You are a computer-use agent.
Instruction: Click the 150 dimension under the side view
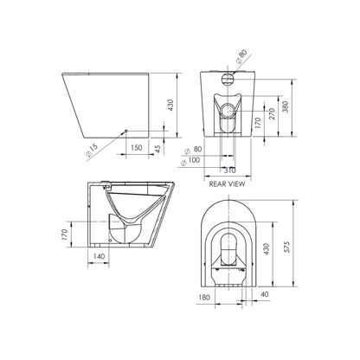coord(136,148)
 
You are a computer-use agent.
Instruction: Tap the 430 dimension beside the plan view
coord(267,246)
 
